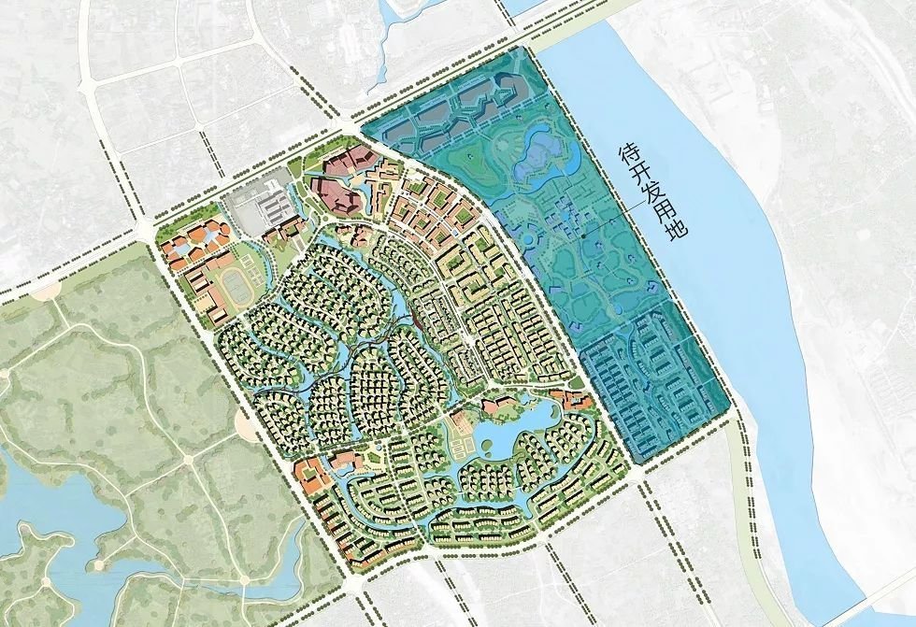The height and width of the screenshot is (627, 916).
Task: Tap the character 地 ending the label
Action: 678,226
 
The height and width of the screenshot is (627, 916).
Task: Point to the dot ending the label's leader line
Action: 582,236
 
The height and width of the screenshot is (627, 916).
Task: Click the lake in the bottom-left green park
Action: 56,523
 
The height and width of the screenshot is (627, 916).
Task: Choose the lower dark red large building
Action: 338,196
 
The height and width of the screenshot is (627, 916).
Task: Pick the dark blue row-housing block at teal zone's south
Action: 654,388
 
